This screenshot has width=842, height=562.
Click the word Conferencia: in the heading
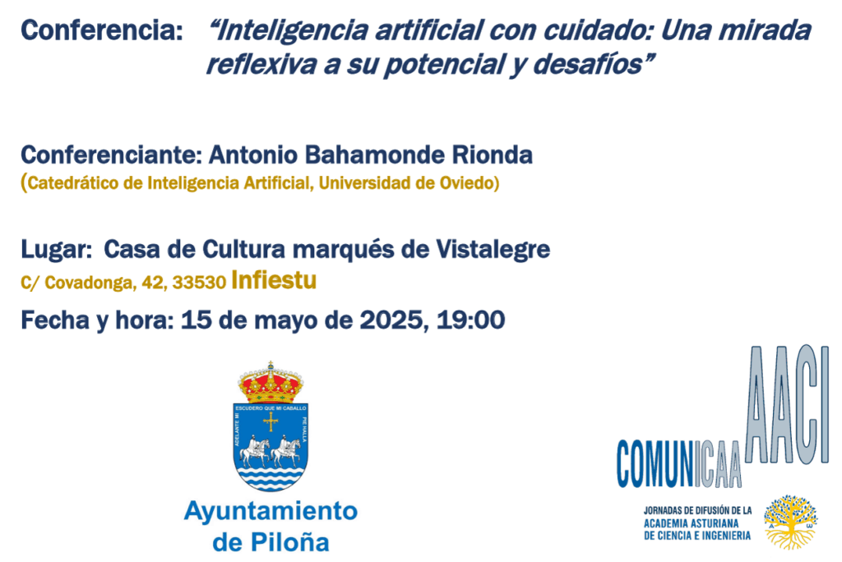coord(101,30)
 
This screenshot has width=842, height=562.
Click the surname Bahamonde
coord(375,155)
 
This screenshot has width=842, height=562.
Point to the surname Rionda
coord(492,155)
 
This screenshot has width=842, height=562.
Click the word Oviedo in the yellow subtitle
coord(467,183)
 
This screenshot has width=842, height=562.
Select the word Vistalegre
coord(493,249)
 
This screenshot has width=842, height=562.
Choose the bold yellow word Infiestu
coord(274,280)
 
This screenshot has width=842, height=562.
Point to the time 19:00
coord(470,320)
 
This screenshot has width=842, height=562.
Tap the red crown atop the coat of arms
coord(270,383)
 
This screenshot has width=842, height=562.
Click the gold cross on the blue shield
coord(270,422)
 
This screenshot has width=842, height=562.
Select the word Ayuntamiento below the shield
coord(271,511)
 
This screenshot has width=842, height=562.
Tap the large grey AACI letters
coord(787,405)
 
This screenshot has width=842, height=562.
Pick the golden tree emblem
coord(790,522)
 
